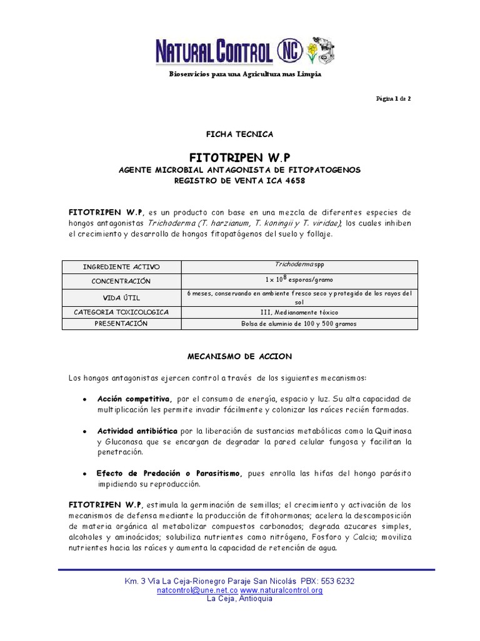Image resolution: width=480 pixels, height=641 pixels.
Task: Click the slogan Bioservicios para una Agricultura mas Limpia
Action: pyautogui.click(x=245, y=74)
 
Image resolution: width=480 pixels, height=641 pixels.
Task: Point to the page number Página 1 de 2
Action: pyautogui.click(x=393, y=99)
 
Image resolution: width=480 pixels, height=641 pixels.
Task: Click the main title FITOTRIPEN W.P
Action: pyautogui.click(x=240, y=155)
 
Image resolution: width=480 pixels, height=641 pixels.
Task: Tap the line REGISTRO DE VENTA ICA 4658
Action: pyautogui.click(x=240, y=181)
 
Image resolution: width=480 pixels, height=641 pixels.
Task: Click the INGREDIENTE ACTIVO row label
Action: pyautogui.click(x=122, y=267)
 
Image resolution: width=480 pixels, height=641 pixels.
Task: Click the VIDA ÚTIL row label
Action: pyautogui.click(x=122, y=297)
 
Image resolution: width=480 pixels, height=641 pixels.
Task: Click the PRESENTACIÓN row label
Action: pyautogui.click(x=122, y=324)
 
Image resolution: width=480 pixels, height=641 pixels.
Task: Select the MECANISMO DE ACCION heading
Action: pyautogui.click(x=239, y=356)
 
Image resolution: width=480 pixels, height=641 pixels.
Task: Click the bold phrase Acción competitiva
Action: pyautogui.click(x=134, y=399)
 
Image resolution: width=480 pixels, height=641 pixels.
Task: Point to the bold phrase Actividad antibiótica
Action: pyautogui.click(x=137, y=431)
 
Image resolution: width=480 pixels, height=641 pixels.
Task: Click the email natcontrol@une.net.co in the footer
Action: pyautogui.click(x=197, y=590)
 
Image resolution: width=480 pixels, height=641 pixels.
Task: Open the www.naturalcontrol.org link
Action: pyautogui.click(x=281, y=590)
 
